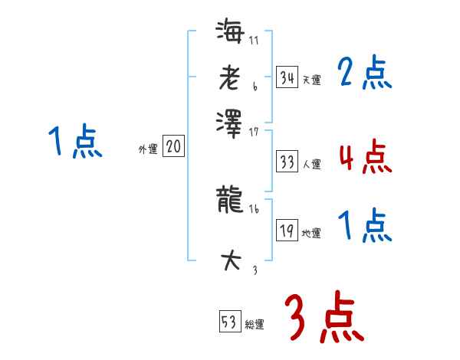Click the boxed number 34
pos(287,77)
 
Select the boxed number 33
pos(287,162)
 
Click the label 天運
pos(311,80)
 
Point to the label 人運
pos(311,164)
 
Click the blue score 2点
pos(364,74)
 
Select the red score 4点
pos(364,158)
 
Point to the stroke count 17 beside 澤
pos(254,132)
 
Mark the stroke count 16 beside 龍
pos(254,208)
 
